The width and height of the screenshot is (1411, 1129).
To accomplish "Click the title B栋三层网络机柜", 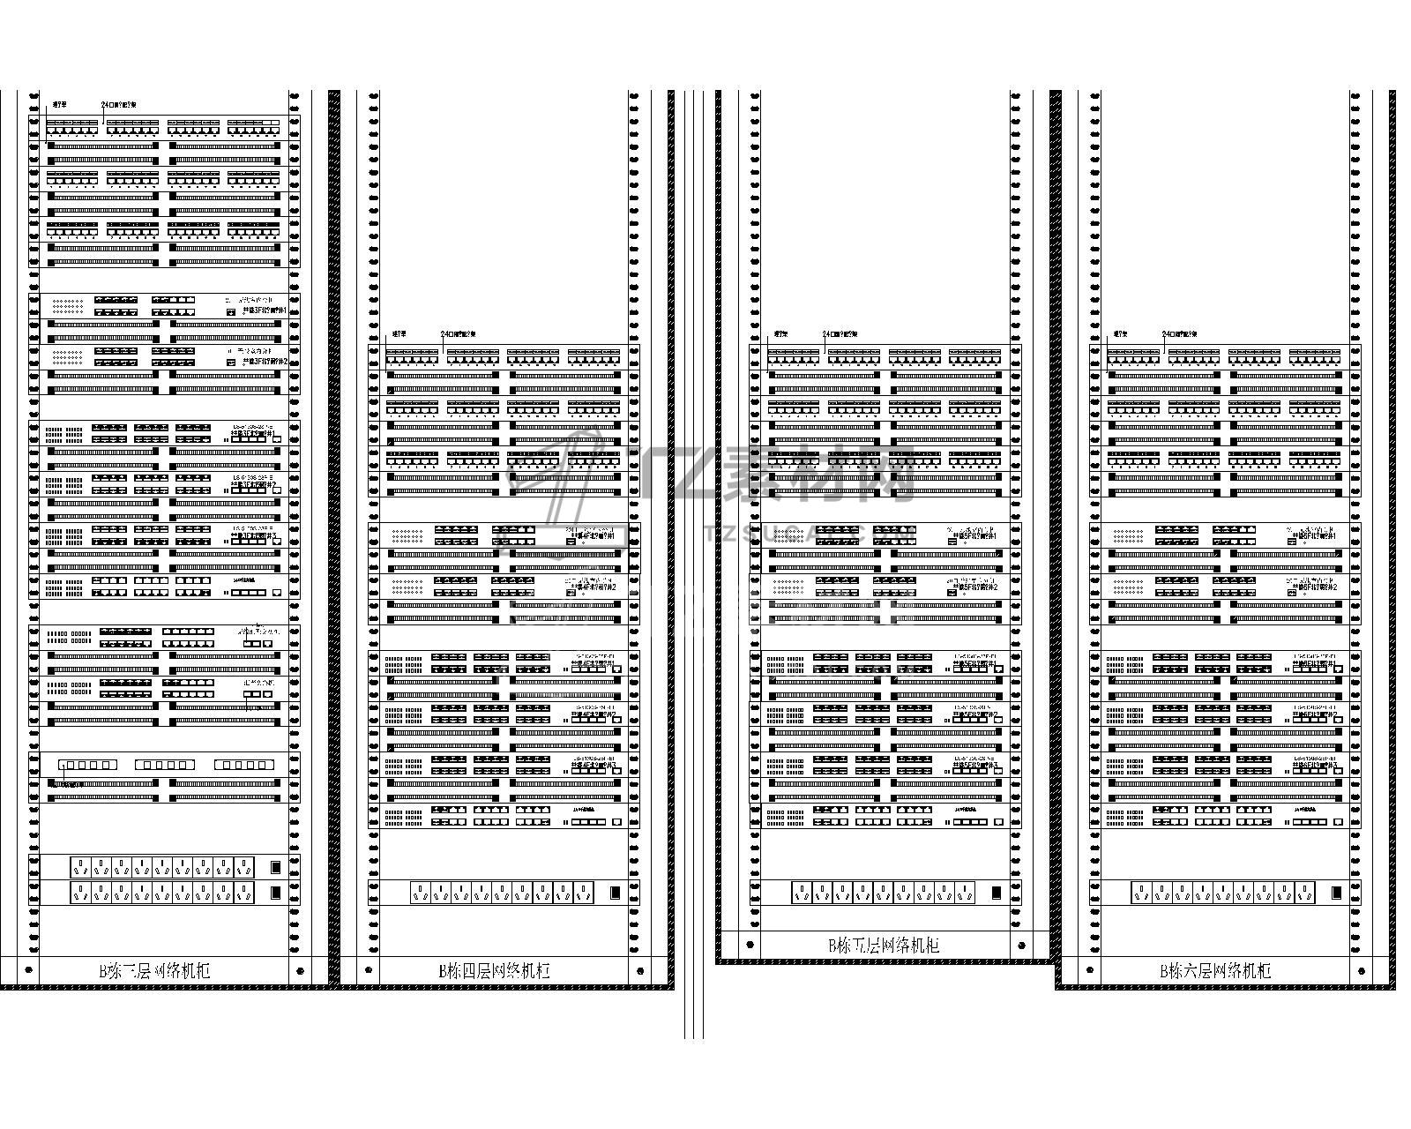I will tap(154, 971).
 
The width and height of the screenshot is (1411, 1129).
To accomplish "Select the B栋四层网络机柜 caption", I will tap(495, 971).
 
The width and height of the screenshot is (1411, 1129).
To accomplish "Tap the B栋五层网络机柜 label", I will tap(884, 946).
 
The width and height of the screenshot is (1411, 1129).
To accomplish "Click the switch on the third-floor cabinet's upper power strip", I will tap(276, 867).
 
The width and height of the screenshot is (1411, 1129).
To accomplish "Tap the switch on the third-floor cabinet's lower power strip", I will tap(276, 893).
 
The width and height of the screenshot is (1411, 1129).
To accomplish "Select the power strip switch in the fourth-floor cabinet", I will tap(614, 893).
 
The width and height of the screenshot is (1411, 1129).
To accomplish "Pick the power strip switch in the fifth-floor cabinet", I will tap(997, 893).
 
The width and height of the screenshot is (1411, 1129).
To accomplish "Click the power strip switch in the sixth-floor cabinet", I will tap(1337, 893).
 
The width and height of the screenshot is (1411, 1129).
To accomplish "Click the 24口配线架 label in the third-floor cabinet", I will tap(118, 105).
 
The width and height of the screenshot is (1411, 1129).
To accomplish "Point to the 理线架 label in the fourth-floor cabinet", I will tap(399, 334).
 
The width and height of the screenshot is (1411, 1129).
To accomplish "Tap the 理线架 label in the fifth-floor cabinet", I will tap(780, 334).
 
